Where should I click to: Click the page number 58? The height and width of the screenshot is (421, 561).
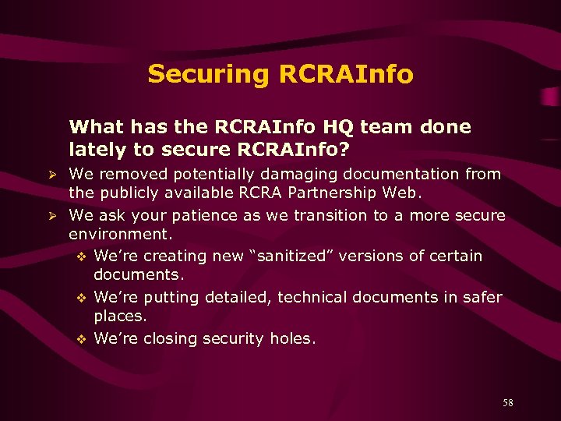pos(507,403)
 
